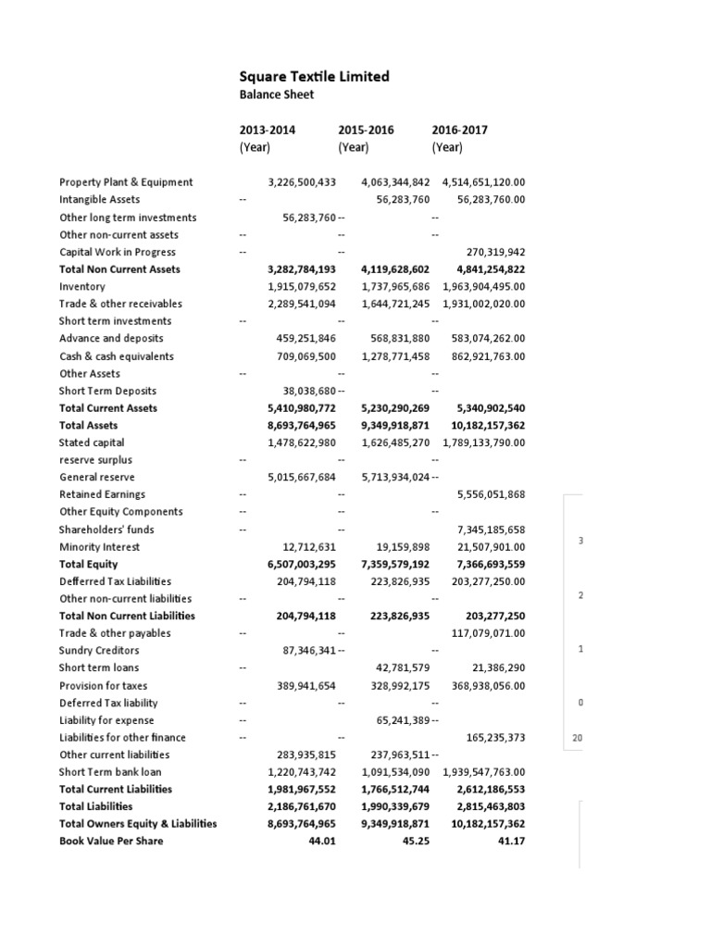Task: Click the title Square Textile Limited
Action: pyautogui.click(x=314, y=77)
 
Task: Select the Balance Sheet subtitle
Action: pyautogui.click(x=277, y=94)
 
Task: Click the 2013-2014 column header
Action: pyautogui.click(x=268, y=131)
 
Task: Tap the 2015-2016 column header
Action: pyautogui.click(x=366, y=131)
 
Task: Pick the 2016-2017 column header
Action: pyautogui.click(x=459, y=131)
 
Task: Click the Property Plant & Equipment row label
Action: pyautogui.click(x=126, y=182)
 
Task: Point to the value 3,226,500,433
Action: pyautogui.click(x=302, y=182)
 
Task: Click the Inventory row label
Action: pyautogui.click(x=82, y=287)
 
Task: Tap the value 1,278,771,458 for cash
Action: pyautogui.click(x=395, y=356)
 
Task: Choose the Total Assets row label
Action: pyautogui.click(x=89, y=425)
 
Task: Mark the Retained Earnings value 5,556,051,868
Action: pyautogui.click(x=491, y=495)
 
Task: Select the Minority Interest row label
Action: pyautogui.click(x=99, y=547)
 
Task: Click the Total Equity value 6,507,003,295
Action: pyautogui.click(x=302, y=564)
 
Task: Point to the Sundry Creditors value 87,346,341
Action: pyautogui.click(x=306, y=651)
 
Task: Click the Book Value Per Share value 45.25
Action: pyautogui.click(x=417, y=841)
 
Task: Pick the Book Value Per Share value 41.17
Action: pyautogui.click(x=511, y=841)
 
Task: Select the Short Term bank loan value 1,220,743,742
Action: pyautogui.click(x=302, y=772)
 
